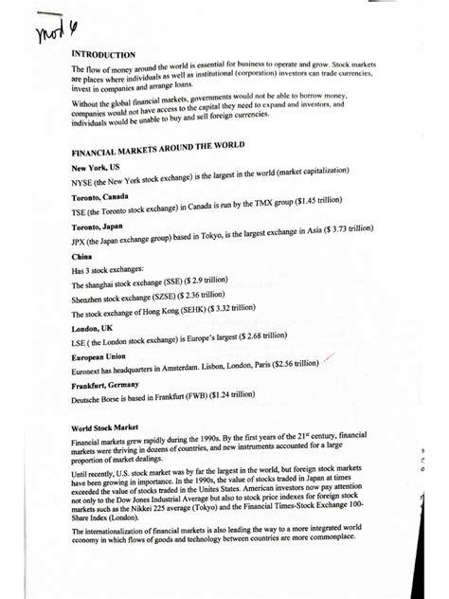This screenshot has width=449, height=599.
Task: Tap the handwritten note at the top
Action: [58, 16]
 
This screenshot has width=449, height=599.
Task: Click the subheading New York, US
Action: [96, 167]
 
